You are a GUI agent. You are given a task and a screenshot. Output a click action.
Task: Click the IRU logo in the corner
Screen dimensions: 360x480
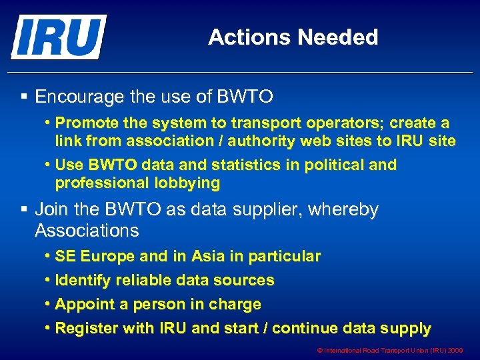pos(58,37)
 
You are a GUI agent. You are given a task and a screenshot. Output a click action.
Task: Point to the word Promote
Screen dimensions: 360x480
pos(83,123)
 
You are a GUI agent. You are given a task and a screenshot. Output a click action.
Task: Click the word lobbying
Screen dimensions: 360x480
pos(185,182)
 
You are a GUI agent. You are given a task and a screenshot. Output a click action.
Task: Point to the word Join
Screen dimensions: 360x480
pos(51,210)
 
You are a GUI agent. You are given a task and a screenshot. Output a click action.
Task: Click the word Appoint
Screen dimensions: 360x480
pos(83,304)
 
